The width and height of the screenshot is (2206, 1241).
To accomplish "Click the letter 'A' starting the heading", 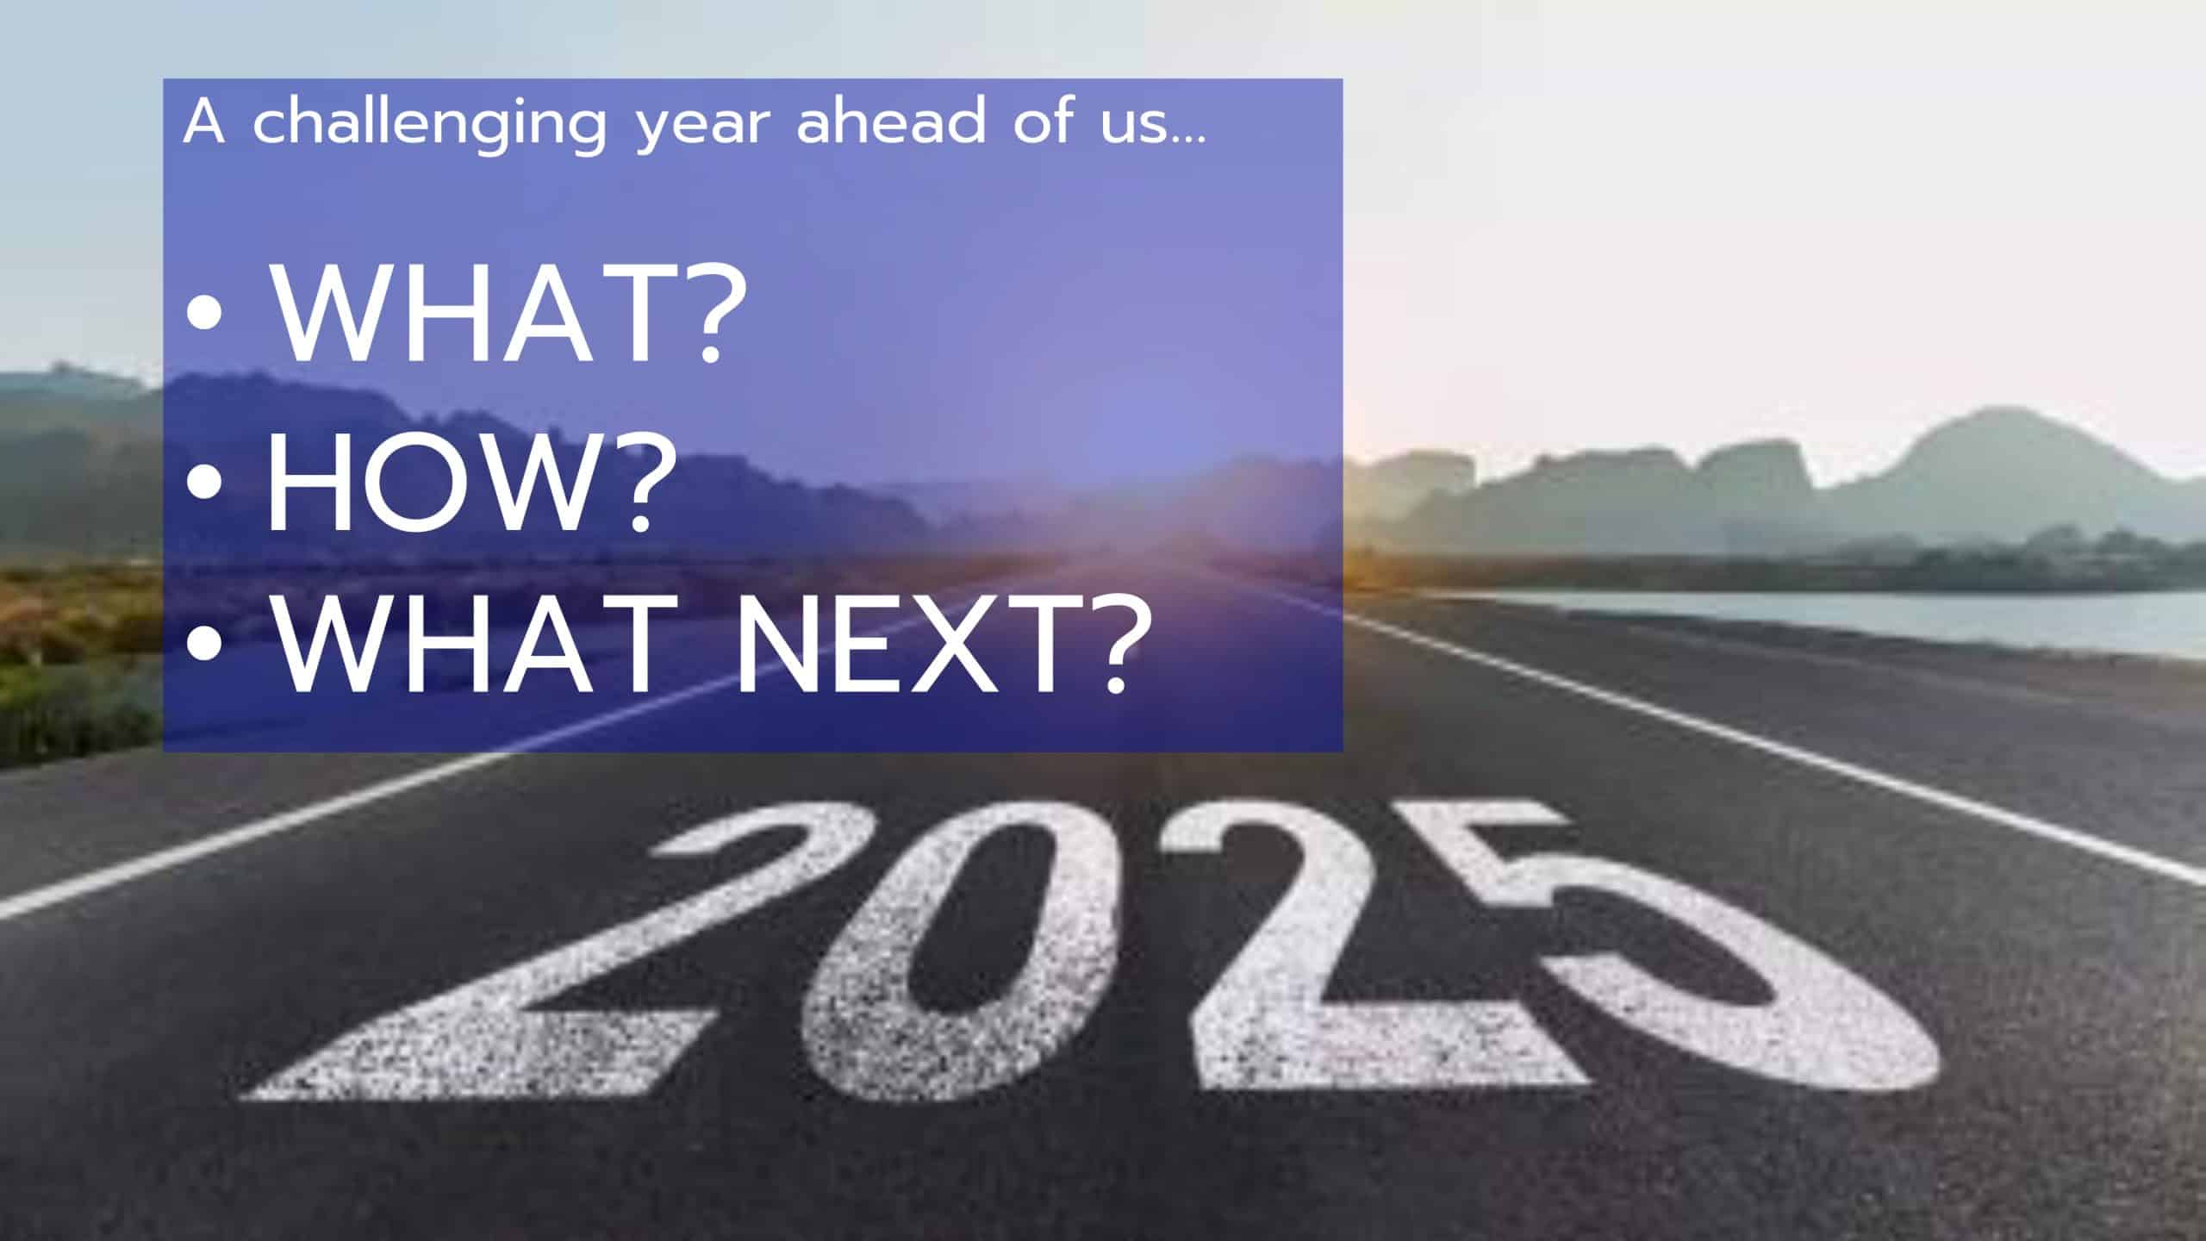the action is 203,122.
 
